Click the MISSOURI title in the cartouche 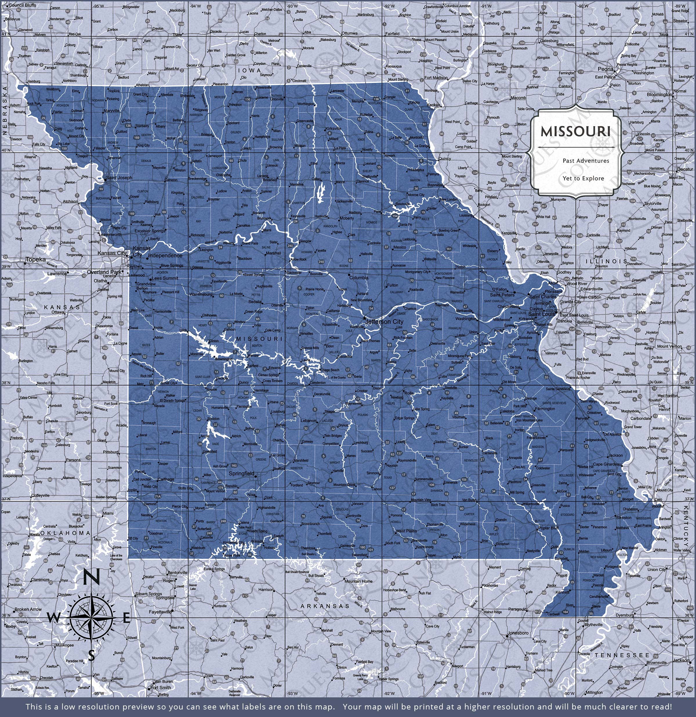click(576, 132)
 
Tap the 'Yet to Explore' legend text click(583, 178)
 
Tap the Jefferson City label click(385, 322)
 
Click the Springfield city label click(241, 473)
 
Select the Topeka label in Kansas click(36, 259)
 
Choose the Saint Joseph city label click(119, 178)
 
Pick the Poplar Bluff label click(548, 528)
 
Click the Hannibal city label click(435, 185)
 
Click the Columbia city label click(358, 278)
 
